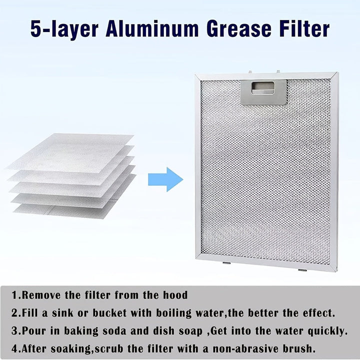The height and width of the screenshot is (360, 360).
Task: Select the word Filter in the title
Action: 304,28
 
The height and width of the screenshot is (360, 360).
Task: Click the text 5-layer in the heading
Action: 63,28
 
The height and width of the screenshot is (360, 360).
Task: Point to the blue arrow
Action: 165,179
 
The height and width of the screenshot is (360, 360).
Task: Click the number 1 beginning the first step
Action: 15,295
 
